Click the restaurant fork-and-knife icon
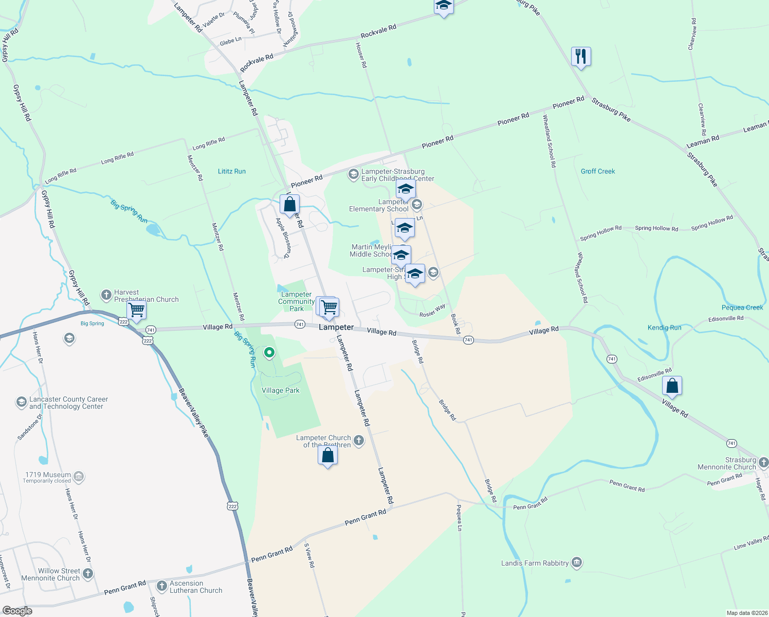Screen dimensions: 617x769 [581, 56]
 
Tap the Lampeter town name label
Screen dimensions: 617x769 [336, 327]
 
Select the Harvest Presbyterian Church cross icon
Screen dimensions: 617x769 [106, 295]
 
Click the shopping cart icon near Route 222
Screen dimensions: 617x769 [136, 310]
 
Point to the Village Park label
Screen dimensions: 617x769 [280, 390]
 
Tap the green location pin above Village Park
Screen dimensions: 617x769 [269, 353]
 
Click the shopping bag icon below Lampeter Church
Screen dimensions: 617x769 [327, 456]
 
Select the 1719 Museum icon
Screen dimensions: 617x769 [79, 477]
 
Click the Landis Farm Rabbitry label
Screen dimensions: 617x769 [535, 563]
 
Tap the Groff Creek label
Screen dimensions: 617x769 [598, 171]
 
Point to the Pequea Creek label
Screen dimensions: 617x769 [742, 307]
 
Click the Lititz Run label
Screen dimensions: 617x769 [232, 171]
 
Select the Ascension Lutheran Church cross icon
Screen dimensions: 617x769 [162, 586]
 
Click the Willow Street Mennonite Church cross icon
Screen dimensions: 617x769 [88, 573]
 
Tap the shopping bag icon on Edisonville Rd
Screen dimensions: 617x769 [672, 386]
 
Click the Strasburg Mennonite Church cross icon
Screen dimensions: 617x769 [763, 462]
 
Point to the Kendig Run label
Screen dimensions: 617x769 [664, 328]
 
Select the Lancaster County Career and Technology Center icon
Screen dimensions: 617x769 [21, 402]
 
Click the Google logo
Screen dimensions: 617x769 [17, 611]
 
